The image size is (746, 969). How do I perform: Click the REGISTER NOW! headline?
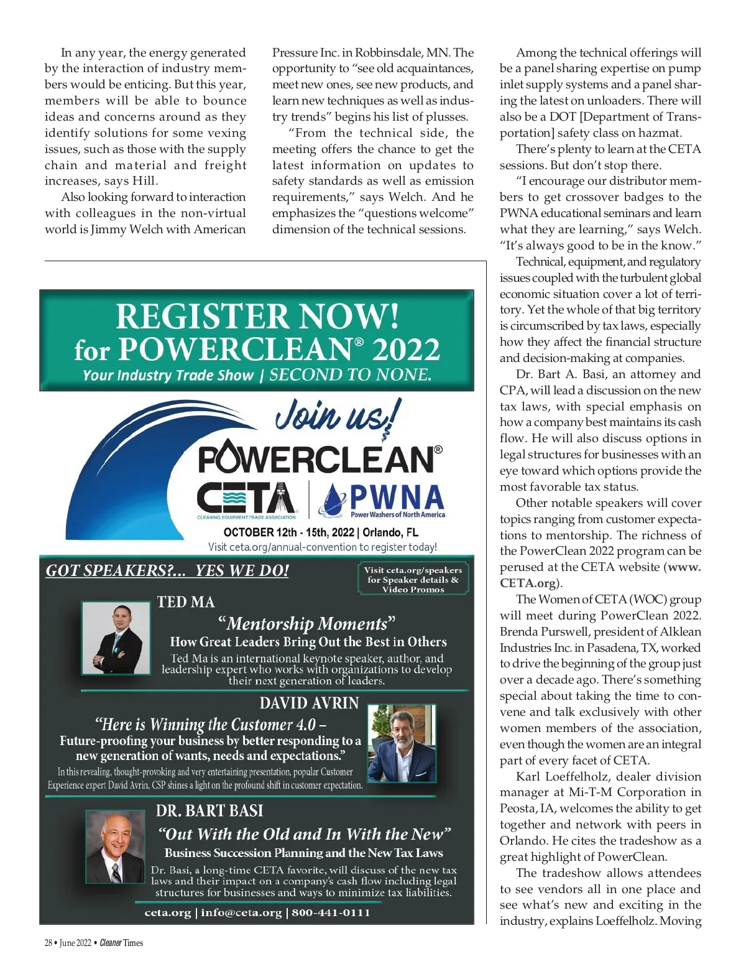(x=257, y=316)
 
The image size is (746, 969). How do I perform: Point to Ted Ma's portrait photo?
(x=116, y=637)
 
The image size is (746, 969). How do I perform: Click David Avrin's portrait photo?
(x=402, y=743)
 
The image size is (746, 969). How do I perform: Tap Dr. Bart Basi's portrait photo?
(x=115, y=846)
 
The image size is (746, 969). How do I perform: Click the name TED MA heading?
(x=186, y=602)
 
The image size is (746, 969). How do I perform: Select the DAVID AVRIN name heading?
(x=309, y=703)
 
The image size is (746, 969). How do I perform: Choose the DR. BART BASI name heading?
(x=210, y=810)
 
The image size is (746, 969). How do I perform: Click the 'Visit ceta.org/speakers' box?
(x=413, y=579)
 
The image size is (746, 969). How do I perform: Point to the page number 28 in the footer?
(x=48, y=943)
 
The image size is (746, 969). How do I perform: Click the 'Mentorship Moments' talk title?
(x=306, y=623)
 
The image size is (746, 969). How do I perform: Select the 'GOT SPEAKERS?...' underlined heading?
(x=167, y=570)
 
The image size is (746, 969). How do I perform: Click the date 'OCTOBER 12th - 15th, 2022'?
(x=288, y=532)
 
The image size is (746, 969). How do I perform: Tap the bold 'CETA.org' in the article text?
(x=528, y=583)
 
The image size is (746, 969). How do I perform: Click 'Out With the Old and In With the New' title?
(x=304, y=834)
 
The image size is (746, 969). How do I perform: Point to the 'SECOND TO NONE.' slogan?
(x=350, y=375)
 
